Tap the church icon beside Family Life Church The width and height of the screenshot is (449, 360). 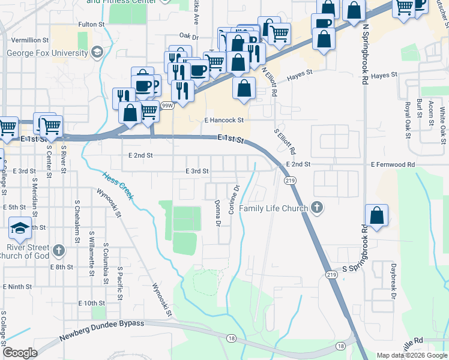click(318, 208)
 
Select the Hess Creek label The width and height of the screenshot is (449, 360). click(118, 184)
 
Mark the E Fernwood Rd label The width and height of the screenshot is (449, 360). click(393, 164)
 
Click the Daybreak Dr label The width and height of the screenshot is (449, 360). click(394, 287)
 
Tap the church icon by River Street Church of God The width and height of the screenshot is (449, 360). click(58, 249)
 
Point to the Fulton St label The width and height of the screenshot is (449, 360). click(92, 25)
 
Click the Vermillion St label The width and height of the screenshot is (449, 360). click(29, 40)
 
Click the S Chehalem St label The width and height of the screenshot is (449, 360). click(76, 222)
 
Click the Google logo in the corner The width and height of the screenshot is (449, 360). click(20, 353)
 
